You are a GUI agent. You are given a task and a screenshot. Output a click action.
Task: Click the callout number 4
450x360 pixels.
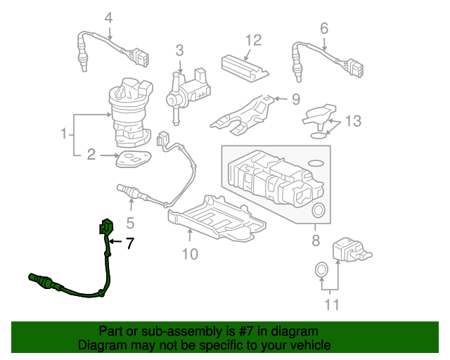pos(108,18)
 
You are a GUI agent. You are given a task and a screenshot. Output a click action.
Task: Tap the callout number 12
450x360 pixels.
pos(254,40)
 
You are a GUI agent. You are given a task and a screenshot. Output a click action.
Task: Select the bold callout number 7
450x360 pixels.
pos(130,243)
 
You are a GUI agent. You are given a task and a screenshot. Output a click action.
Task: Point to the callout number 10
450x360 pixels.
pos(190,254)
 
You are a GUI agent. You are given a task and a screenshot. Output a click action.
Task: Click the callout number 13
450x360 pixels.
pos(353,121)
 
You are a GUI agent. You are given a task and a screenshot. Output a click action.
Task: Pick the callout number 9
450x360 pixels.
pos(296,99)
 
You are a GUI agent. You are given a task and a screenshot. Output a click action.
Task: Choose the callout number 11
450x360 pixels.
pos(332,304)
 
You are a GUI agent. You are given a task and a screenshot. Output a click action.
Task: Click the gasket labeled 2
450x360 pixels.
pos(134,159)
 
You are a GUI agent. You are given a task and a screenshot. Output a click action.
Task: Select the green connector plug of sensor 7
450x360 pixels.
pos(106,226)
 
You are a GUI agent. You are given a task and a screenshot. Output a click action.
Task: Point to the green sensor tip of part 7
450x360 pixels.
pos(39,279)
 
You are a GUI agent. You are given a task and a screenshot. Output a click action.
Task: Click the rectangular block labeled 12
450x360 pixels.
pos(245,67)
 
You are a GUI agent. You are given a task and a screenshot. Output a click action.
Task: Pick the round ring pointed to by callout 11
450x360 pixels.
pos(321,270)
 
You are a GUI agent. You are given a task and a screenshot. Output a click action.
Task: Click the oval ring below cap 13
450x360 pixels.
pos(319,136)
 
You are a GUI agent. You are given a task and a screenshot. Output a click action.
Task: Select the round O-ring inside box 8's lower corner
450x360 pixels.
pos(319,210)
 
